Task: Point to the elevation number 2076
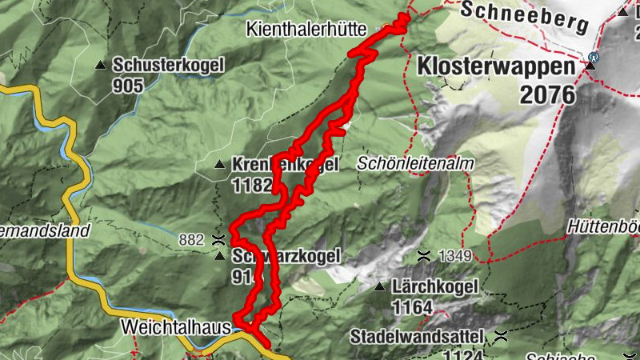click(x=547, y=94)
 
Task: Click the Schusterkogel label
click(x=168, y=64)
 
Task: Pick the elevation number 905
click(x=128, y=84)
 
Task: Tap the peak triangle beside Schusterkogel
click(x=100, y=65)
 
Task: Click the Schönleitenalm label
click(x=416, y=163)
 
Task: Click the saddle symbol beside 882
click(x=218, y=238)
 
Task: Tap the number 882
click(x=192, y=238)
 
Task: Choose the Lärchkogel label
click(x=435, y=286)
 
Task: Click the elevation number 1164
click(x=412, y=306)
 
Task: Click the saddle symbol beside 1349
click(x=423, y=256)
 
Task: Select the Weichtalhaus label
click(x=176, y=327)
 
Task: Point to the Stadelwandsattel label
click(x=418, y=336)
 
